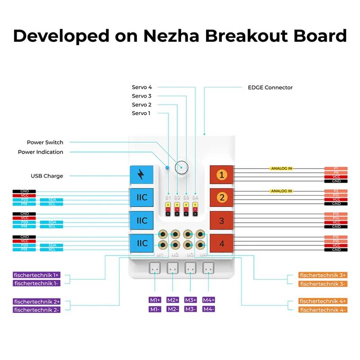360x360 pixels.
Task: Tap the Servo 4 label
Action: [x=141, y=87]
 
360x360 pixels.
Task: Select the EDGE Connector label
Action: [x=270, y=87]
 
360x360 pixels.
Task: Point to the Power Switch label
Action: [x=45, y=143]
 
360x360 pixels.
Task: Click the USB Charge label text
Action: [x=47, y=176]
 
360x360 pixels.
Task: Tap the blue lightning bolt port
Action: [x=141, y=174]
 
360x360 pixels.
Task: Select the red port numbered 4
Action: [x=221, y=243]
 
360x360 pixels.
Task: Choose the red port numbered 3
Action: [x=221, y=220]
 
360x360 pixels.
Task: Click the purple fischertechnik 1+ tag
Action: [x=36, y=274]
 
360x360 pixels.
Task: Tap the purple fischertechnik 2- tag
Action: [x=36, y=310]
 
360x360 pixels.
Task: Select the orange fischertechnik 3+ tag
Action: [x=323, y=275]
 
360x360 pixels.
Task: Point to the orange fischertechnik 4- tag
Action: [x=323, y=310]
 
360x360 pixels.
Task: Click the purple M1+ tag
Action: [x=155, y=300]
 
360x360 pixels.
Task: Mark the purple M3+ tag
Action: [x=191, y=300]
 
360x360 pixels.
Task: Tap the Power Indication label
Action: [x=40, y=152]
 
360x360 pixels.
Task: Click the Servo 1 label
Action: [x=141, y=113]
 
